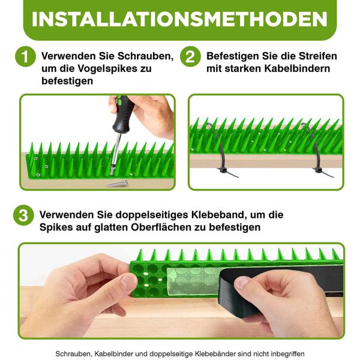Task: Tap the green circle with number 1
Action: pos(24,57)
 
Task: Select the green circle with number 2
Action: pos(190,57)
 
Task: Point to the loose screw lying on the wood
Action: pos(118,182)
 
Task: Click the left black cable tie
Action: pos(220,156)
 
